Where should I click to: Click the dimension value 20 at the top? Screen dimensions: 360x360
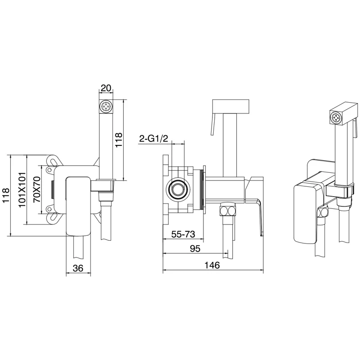pyautogui.click(x=106, y=88)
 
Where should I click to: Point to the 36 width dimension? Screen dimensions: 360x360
pyautogui.click(x=78, y=268)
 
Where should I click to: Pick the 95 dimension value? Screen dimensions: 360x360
pyautogui.click(x=195, y=249)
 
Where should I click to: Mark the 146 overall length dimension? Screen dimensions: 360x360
pyautogui.click(x=212, y=265)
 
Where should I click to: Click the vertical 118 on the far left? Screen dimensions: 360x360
pyautogui.click(x=6, y=196)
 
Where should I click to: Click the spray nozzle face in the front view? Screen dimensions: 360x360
pyautogui.click(x=106, y=107)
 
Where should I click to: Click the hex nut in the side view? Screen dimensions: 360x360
pyautogui.click(x=227, y=211)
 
